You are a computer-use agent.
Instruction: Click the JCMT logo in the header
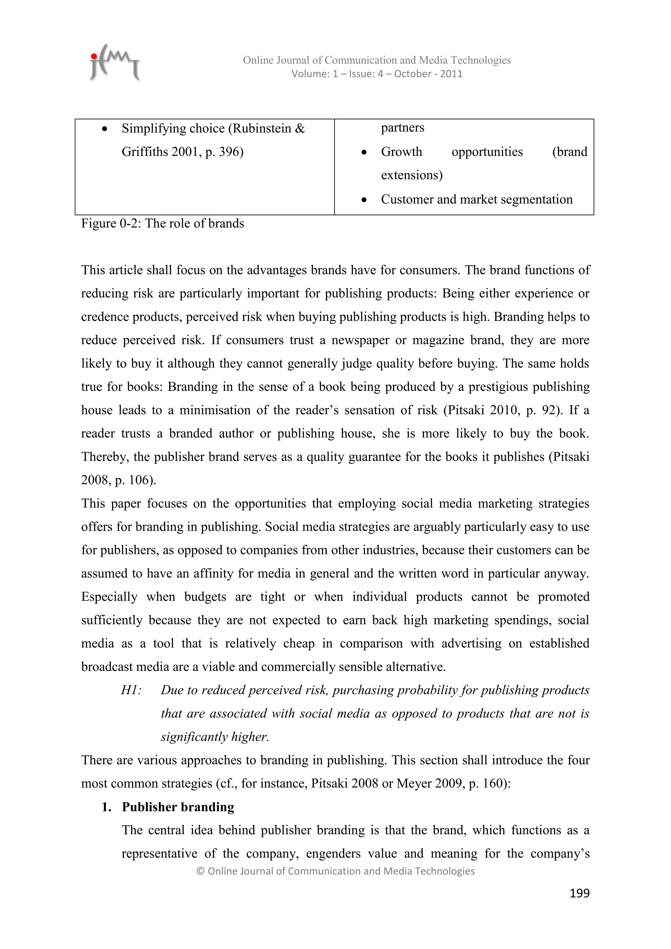(114, 63)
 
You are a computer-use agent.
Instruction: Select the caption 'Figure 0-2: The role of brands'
(163, 223)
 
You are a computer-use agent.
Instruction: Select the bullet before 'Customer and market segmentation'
(364, 200)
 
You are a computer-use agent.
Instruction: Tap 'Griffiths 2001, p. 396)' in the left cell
(182, 152)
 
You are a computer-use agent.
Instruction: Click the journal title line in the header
(376, 60)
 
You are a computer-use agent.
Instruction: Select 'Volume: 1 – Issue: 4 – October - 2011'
(376, 74)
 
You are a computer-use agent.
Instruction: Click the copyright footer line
(335, 871)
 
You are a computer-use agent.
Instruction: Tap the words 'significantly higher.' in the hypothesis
(215, 737)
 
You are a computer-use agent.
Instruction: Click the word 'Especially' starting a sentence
(109, 597)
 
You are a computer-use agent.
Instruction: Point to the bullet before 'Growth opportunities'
(364, 152)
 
